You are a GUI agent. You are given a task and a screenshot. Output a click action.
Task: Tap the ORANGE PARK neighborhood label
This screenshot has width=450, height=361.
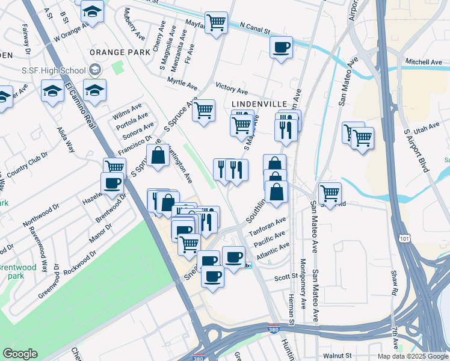[120, 52]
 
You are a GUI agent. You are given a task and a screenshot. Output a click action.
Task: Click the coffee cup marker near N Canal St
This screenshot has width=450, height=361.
[280, 47]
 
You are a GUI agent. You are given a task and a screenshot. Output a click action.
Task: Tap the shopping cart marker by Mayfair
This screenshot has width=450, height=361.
[216, 23]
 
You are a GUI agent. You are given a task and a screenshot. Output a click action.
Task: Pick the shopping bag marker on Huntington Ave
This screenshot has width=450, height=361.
[158, 155]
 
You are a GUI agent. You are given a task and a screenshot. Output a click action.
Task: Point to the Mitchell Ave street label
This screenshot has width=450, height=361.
[424, 62]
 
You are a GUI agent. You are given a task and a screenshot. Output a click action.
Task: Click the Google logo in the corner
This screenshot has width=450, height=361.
[20, 354]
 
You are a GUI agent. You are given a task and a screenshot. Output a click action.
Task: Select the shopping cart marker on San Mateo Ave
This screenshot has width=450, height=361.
[330, 193]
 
